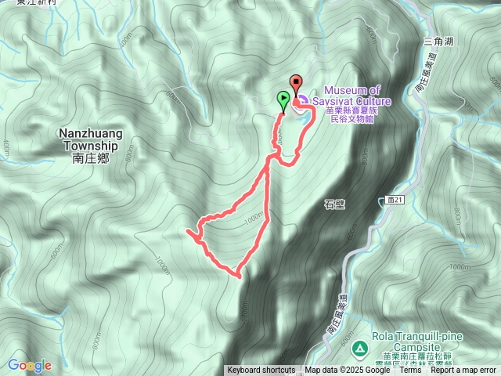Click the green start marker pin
(x=283, y=99)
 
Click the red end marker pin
(x=296, y=83)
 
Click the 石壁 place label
(x=334, y=204)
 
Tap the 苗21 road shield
(x=395, y=201)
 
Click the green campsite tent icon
(x=359, y=346)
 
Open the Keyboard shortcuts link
(x=261, y=371)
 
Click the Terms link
(x=410, y=371)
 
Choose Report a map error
(x=464, y=371)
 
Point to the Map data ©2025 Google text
(x=346, y=371)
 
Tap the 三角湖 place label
(x=438, y=40)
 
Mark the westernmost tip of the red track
(x=187, y=232)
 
